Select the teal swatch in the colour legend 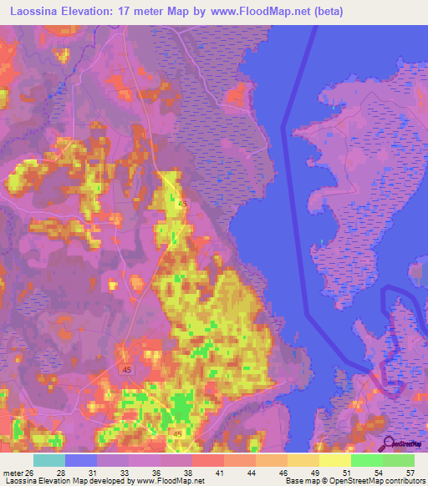click(x=49, y=459)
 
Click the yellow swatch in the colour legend click(x=334, y=459)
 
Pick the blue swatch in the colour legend click(x=81, y=459)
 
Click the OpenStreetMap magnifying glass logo click(x=388, y=443)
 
